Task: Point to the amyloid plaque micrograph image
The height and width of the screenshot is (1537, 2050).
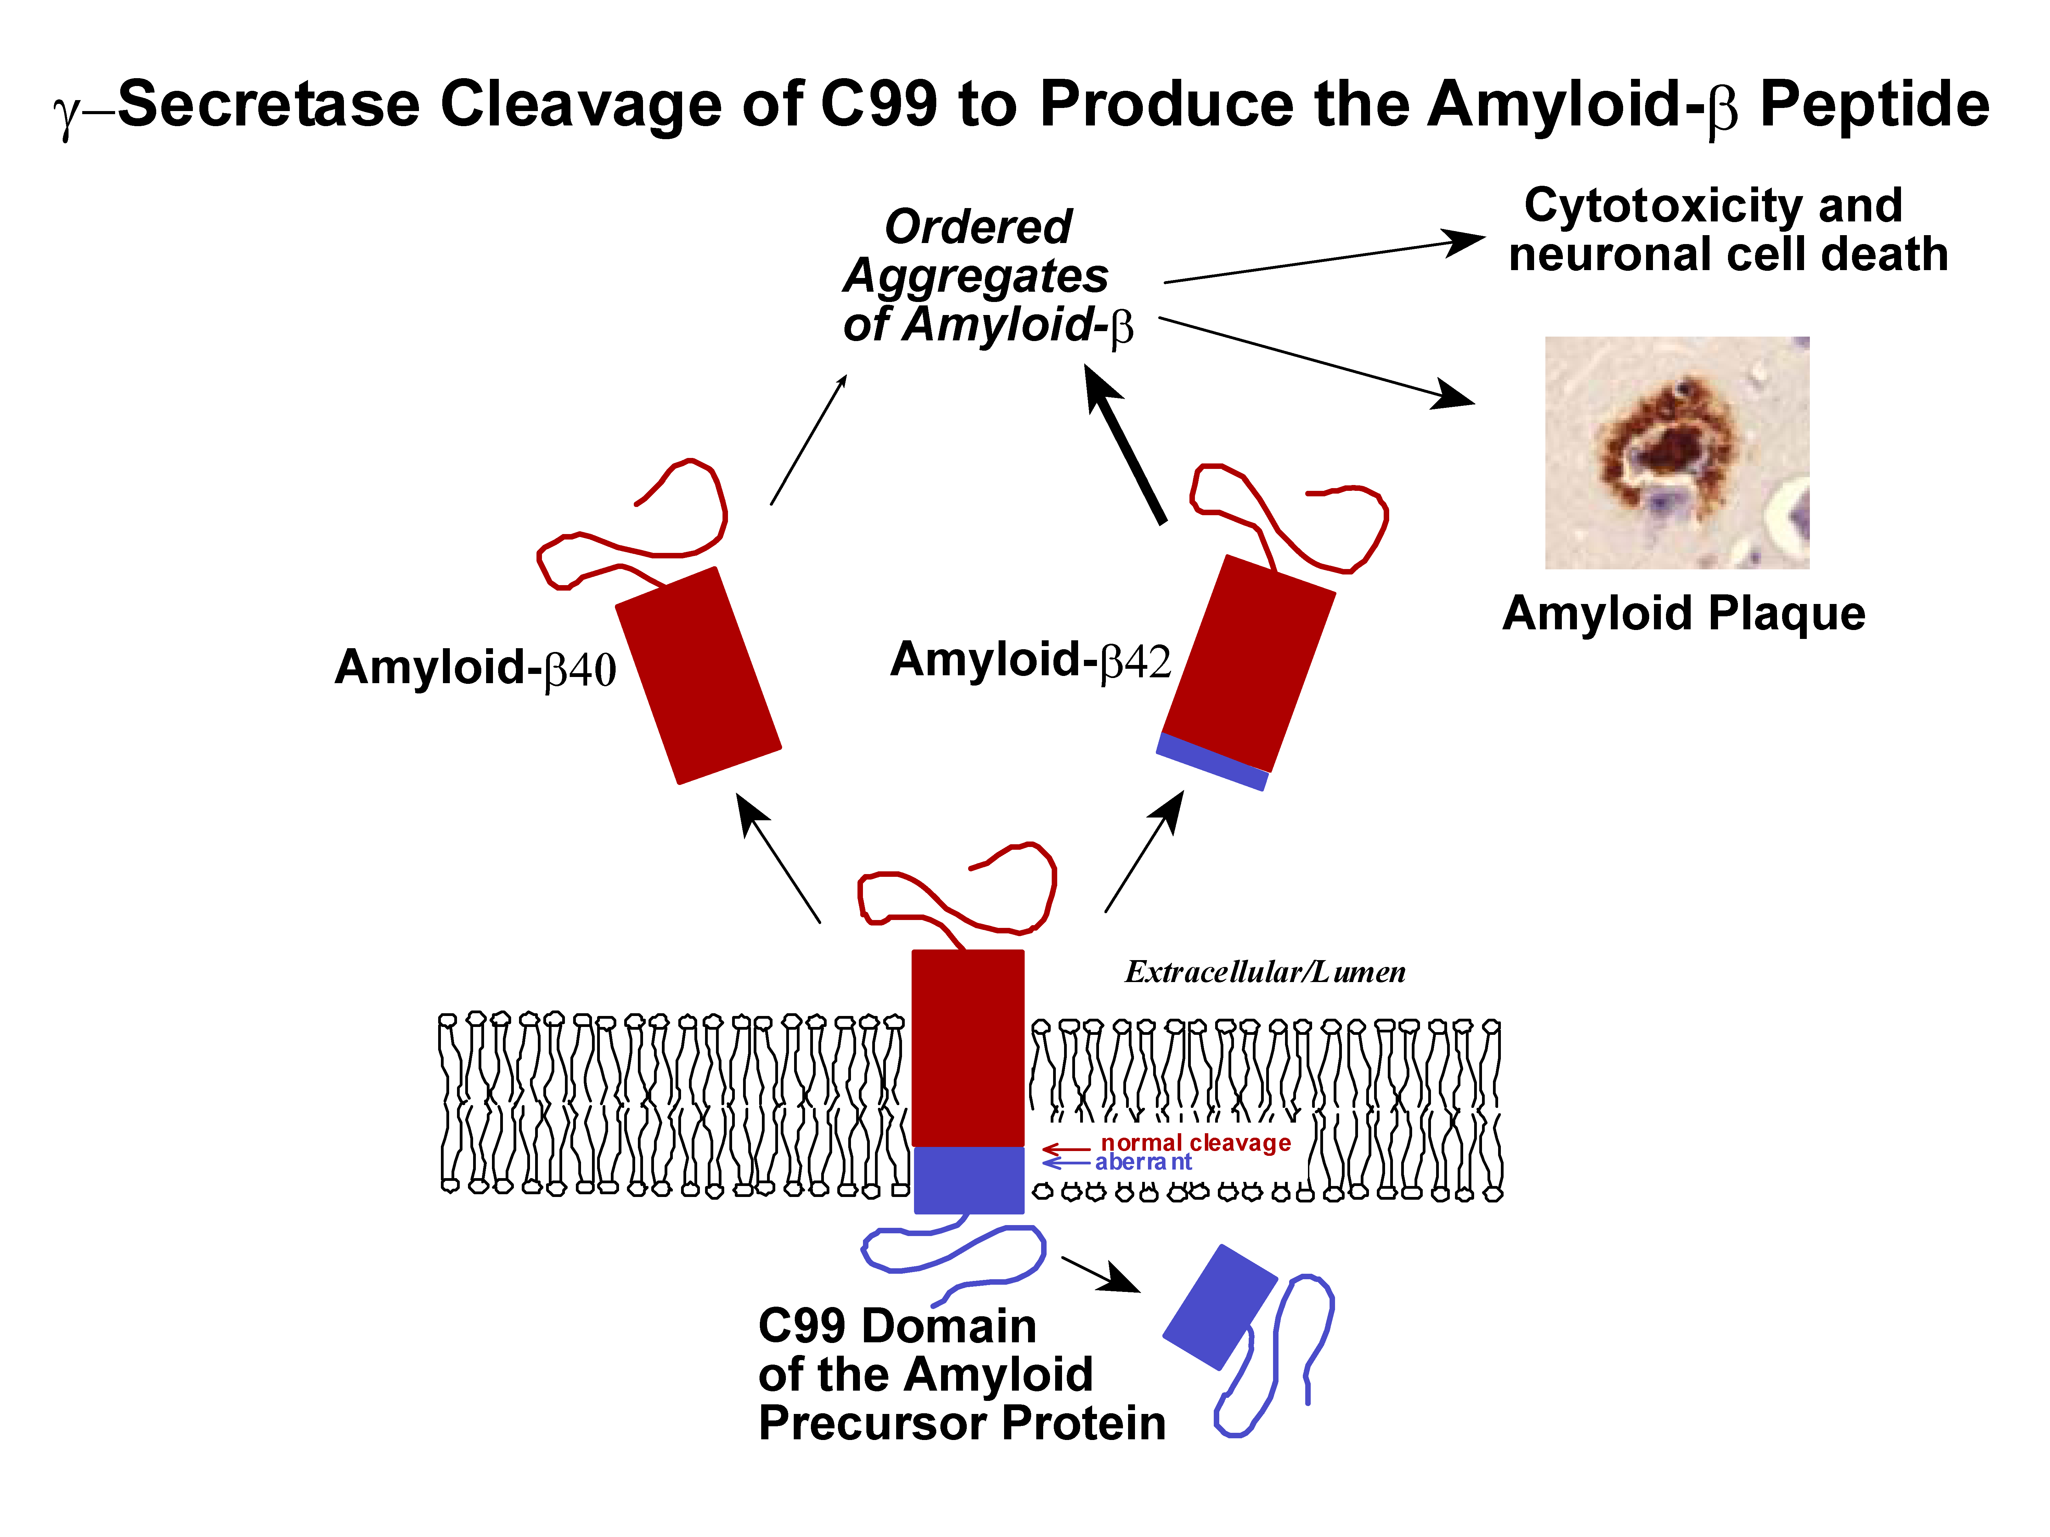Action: (x=1677, y=452)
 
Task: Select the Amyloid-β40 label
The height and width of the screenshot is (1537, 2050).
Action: (x=476, y=667)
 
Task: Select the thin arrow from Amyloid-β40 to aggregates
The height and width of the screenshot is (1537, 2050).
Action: (x=808, y=439)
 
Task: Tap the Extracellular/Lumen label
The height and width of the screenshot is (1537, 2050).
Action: (x=1265, y=971)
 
